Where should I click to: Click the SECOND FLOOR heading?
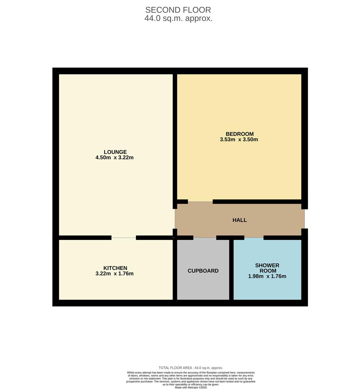tap(178, 10)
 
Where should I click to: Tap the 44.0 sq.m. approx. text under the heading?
tap(178, 18)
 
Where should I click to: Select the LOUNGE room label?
tap(115, 152)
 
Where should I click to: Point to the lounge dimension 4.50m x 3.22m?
tap(115, 157)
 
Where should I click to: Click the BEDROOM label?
tap(239, 134)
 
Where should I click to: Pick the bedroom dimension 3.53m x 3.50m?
tap(239, 139)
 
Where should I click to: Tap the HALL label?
tap(239, 220)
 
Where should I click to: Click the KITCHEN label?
tap(115, 268)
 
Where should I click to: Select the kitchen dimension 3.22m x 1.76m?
tap(115, 273)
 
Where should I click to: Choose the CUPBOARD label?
tap(203, 271)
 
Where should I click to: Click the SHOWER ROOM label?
tap(267, 268)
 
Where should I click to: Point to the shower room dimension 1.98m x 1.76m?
tap(267, 276)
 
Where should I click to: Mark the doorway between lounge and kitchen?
tap(124, 238)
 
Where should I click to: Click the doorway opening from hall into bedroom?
tap(200, 202)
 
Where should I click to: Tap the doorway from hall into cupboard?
tap(205, 238)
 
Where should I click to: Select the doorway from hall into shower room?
tap(254, 238)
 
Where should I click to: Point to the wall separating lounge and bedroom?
tap(175, 137)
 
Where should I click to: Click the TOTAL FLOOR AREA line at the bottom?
tap(191, 368)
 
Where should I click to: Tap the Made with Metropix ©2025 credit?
tap(191, 387)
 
